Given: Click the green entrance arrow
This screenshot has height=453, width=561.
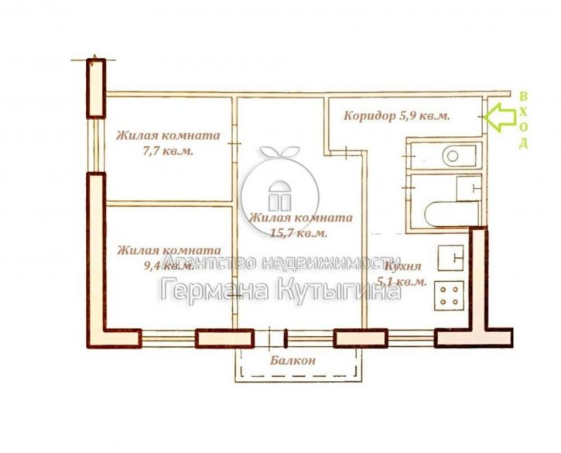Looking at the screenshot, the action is click(x=500, y=116).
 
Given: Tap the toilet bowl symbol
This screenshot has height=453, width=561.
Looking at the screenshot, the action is click(x=460, y=156).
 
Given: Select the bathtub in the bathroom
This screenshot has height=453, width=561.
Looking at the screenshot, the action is click(x=452, y=214).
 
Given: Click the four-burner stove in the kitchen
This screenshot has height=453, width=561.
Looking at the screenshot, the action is click(x=450, y=296).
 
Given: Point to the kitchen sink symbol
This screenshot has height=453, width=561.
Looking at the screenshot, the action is click(x=450, y=258).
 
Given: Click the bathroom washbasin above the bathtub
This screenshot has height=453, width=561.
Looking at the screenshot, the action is click(x=469, y=188).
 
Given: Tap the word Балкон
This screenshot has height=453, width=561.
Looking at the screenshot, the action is click(x=293, y=360).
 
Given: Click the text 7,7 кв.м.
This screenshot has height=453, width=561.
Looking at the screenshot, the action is click(x=168, y=151).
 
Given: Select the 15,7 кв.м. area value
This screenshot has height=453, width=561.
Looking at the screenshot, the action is click(x=299, y=233).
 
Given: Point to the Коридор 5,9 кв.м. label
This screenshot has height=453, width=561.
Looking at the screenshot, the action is click(x=397, y=115).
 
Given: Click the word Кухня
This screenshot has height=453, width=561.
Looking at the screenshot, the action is click(x=403, y=267).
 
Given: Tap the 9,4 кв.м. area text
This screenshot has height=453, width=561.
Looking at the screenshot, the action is click(x=169, y=266).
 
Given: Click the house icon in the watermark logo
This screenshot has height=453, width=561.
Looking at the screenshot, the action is click(x=280, y=196).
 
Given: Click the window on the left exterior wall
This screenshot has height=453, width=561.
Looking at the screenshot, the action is click(x=96, y=145).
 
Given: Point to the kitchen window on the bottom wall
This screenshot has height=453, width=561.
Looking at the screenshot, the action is click(x=411, y=338).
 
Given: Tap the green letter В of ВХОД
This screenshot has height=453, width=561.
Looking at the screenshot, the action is click(x=523, y=96).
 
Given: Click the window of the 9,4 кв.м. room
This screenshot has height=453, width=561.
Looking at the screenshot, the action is click(x=168, y=338).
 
